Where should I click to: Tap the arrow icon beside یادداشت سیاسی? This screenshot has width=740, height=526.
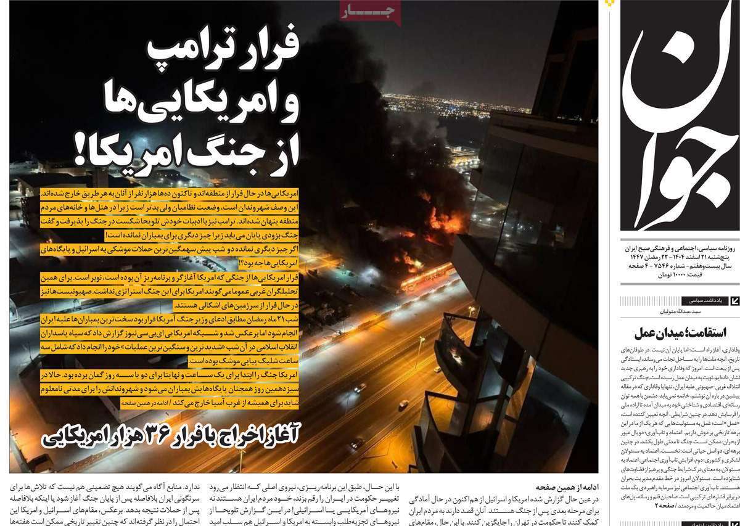[x=734, y=301]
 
